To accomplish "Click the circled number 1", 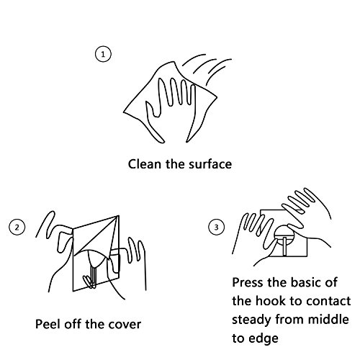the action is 103,54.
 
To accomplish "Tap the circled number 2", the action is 17,227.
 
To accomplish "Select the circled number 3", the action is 216,227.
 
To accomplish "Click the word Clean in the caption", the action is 145,164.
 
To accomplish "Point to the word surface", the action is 210,164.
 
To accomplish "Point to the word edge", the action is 264,339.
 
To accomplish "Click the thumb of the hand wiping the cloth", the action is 150,109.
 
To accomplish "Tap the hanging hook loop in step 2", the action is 89,282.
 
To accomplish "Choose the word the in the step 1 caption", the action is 175,164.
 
